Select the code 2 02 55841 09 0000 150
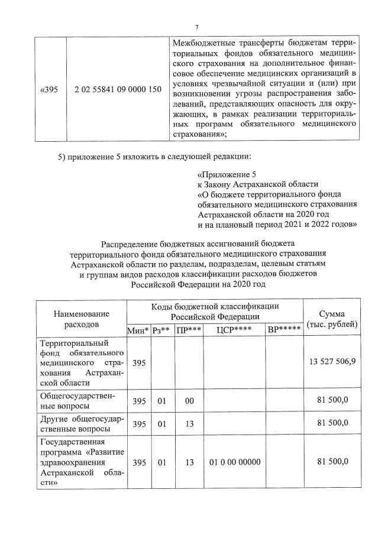point(118,89)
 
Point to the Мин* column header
point(138,329)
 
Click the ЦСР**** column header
point(232,329)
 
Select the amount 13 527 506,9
point(332,362)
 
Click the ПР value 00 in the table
point(189,401)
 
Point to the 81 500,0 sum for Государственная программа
point(333,462)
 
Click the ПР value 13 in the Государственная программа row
point(189,462)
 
